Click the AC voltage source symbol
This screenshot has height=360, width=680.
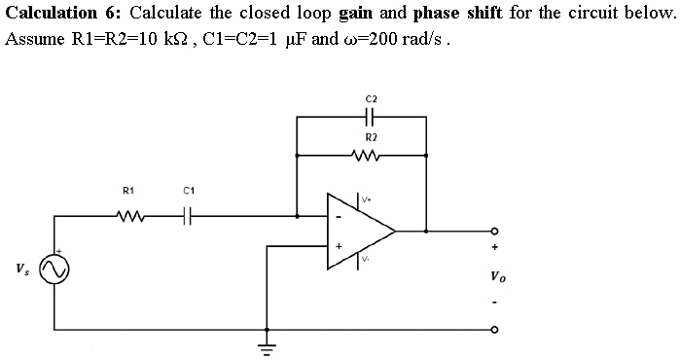(x=54, y=267)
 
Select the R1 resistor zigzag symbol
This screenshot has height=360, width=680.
(x=126, y=215)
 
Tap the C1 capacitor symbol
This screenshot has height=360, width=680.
(x=189, y=215)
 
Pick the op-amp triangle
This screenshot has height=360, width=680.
(x=361, y=231)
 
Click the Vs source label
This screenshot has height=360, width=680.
(x=21, y=268)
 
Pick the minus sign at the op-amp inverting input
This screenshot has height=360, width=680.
(x=339, y=215)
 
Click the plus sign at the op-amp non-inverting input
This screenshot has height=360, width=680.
(x=339, y=246)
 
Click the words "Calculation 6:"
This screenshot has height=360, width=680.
(x=64, y=14)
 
